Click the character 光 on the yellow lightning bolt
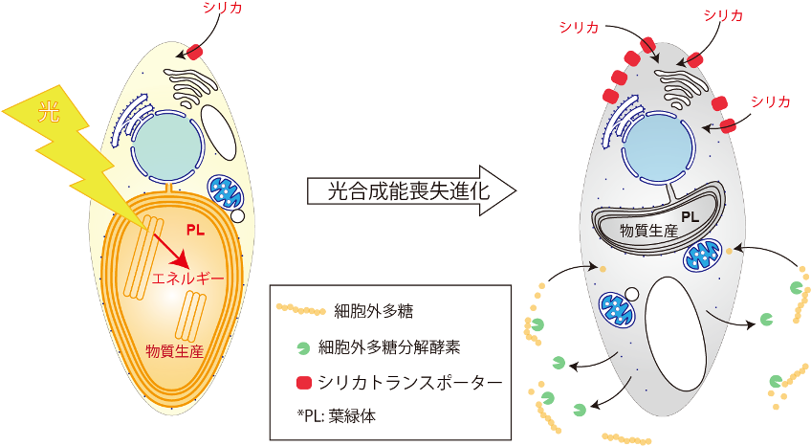point(49,113)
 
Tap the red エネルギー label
point(187,279)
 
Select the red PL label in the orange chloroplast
point(195,231)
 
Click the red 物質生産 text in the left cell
point(175,351)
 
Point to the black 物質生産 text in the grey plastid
point(648,231)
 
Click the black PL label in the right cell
point(690,217)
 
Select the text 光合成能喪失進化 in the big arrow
point(408,190)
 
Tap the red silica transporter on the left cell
point(194,52)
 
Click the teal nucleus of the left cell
point(166,147)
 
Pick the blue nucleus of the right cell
point(658,149)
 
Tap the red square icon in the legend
point(304,383)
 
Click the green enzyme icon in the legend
point(303,348)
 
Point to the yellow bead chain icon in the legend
point(300,309)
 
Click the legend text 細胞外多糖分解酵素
point(389,347)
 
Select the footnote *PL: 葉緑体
point(337,415)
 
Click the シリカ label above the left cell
point(223,8)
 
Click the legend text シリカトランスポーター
point(410,383)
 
